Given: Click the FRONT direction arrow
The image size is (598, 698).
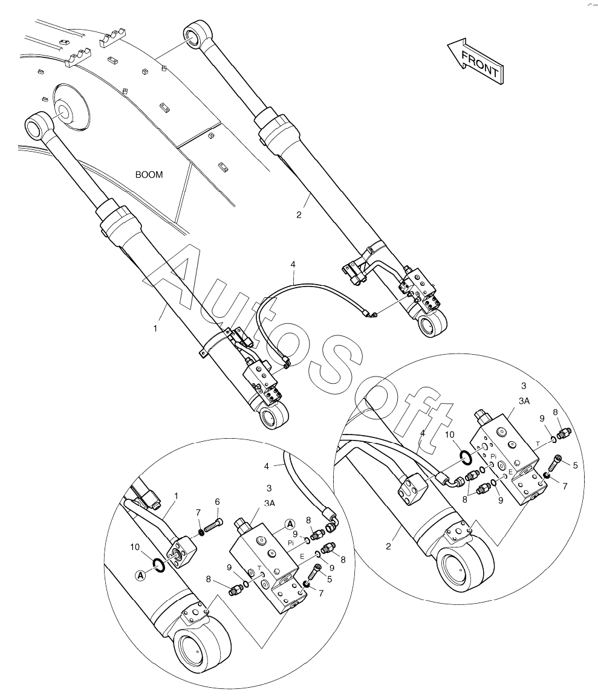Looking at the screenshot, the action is click(475, 60).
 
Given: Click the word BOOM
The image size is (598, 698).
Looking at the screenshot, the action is click(149, 175).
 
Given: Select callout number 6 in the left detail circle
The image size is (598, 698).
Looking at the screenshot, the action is click(218, 502).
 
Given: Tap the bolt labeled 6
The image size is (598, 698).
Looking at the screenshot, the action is click(212, 525).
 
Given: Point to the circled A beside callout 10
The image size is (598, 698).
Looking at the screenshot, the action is click(141, 575).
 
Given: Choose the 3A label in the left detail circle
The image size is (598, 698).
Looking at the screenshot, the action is click(270, 502).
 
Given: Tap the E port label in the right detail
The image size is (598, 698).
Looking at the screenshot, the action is click(510, 471).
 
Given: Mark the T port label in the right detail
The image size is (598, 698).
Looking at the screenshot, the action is click(538, 443).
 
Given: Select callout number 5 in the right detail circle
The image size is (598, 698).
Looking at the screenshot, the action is click(575, 465).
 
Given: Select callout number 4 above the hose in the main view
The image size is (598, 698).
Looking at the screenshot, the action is click(293, 264).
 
